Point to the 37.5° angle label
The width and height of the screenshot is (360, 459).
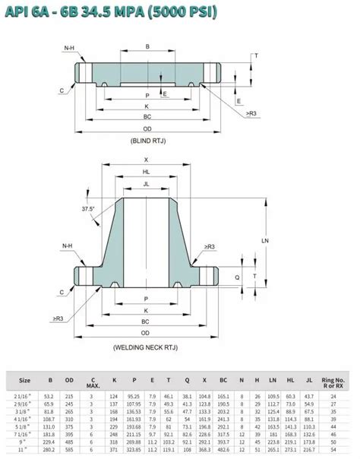click(89, 208)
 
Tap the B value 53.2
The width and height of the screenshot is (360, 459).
click(49, 396)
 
